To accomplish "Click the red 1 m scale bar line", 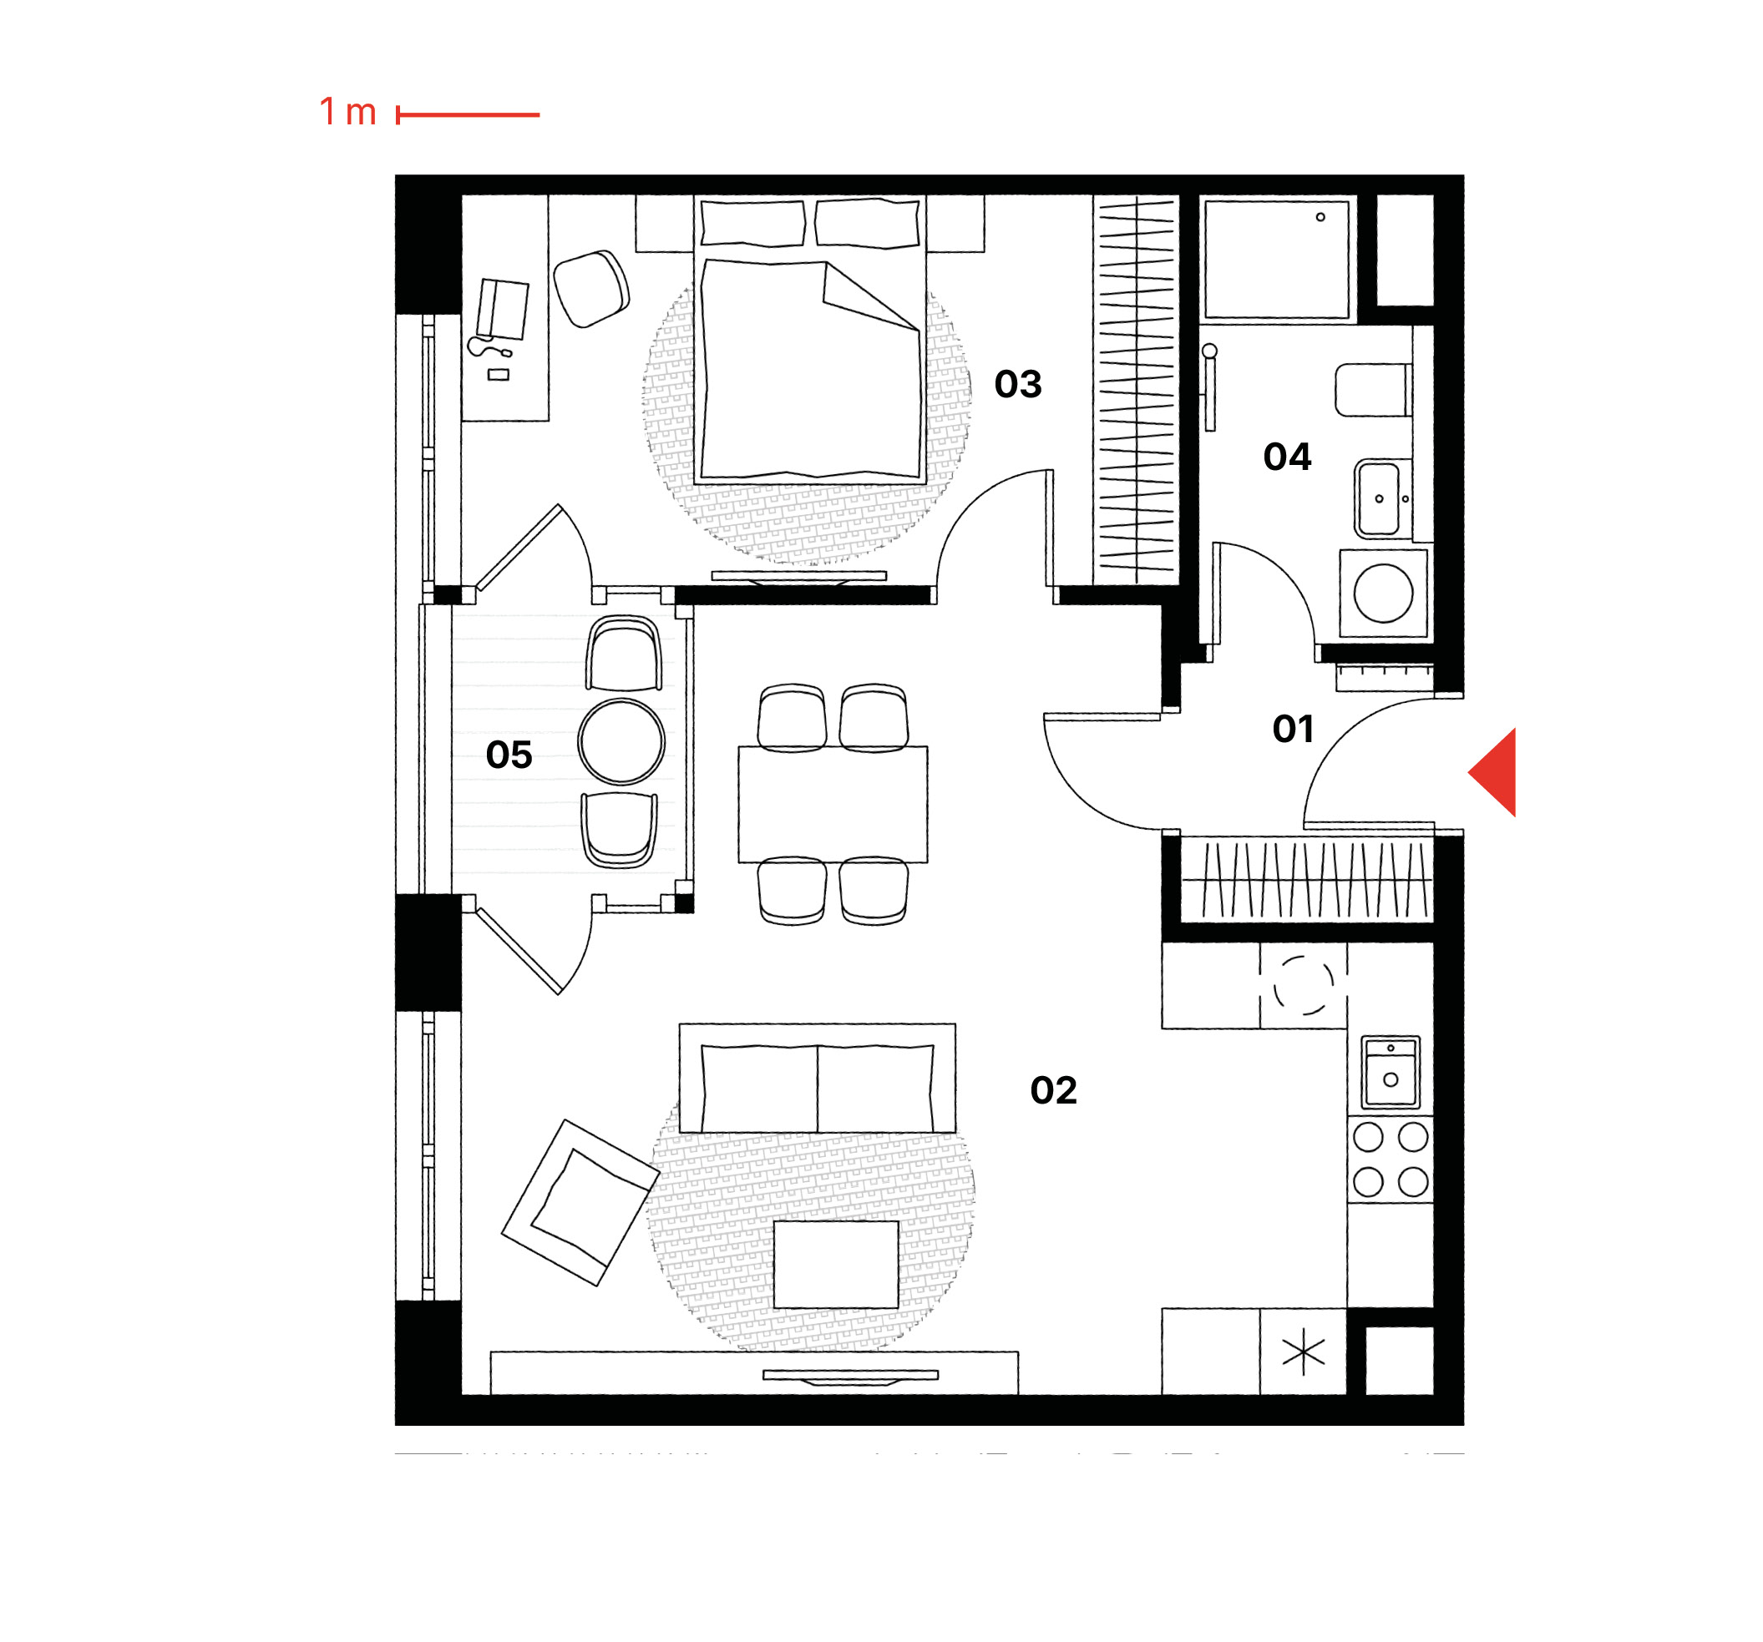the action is pyautogui.click(x=468, y=114).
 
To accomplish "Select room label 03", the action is pyautogui.click(x=1018, y=384).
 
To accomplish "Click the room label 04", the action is pyautogui.click(x=1287, y=457).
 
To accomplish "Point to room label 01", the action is pyautogui.click(x=1293, y=729).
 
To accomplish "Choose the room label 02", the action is pyautogui.click(x=1054, y=1090).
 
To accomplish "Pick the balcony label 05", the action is pyautogui.click(x=509, y=755).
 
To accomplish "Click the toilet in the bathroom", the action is pyautogui.click(x=1373, y=389).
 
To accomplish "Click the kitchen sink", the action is pyautogui.click(x=1391, y=1072).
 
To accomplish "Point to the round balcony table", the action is pyautogui.click(x=621, y=741).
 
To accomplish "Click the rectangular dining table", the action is pyautogui.click(x=833, y=804).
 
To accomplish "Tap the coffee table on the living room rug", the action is pyautogui.click(x=835, y=1265).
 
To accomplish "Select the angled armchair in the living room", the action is pyautogui.click(x=580, y=1202).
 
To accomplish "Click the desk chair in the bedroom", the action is pyautogui.click(x=590, y=288).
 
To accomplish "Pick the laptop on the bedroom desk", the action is pyautogui.click(x=503, y=309).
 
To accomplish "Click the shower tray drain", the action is pyautogui.click(x=1320, y=216).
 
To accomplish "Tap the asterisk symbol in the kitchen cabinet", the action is pyautogui.click(x=1303, y=1354).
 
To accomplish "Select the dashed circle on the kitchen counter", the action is pyautogui.click(x=1303, y=985).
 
